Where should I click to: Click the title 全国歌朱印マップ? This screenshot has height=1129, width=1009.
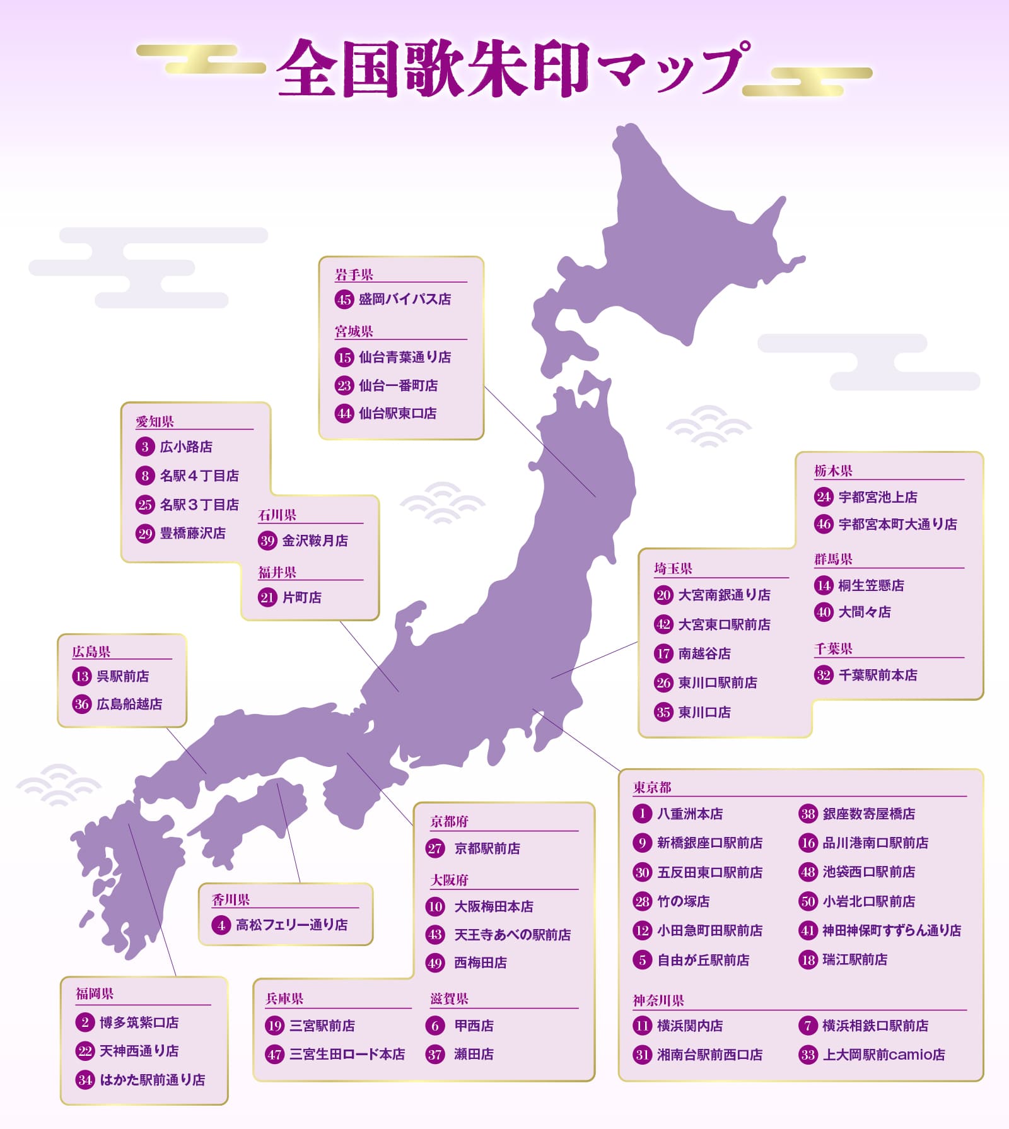(x=512, y=68)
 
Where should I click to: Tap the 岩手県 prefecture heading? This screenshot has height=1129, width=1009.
(x=354, y=274)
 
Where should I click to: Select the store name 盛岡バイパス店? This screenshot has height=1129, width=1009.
(x=405, y=299)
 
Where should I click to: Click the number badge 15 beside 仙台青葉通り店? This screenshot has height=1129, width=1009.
(x=344, y=357)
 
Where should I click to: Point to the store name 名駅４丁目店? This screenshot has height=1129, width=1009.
(x=199, y=476)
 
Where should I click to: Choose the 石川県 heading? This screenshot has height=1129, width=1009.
(x=277, y=515)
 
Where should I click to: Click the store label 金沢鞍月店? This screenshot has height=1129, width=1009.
(x=315, y=541)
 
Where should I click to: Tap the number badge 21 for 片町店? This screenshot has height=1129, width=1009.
(x=267, y=597)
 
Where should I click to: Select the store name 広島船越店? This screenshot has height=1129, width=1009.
(x=129, y=704)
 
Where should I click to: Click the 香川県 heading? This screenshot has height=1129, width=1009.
(x=231, y=899)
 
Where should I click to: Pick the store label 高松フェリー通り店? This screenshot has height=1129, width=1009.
(x=291, y=925)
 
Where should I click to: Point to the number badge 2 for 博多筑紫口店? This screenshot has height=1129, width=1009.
(x=85, y=1022)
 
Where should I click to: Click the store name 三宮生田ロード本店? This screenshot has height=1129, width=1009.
(x=347, y=1054)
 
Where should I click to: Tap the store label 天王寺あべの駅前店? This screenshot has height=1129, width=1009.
(x=512, y=934)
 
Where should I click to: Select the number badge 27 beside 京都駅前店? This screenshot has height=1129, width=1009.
(x=435, y=848)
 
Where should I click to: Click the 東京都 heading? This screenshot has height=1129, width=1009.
(x=652, y=787)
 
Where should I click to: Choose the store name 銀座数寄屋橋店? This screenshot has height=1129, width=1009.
(x=868, y=814)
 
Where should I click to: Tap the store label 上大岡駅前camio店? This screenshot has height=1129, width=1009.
(x=884, y=1055)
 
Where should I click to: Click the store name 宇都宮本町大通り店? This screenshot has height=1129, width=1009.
(x=897, y=524)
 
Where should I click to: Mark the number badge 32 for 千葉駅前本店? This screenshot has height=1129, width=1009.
(x=824, y=676)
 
